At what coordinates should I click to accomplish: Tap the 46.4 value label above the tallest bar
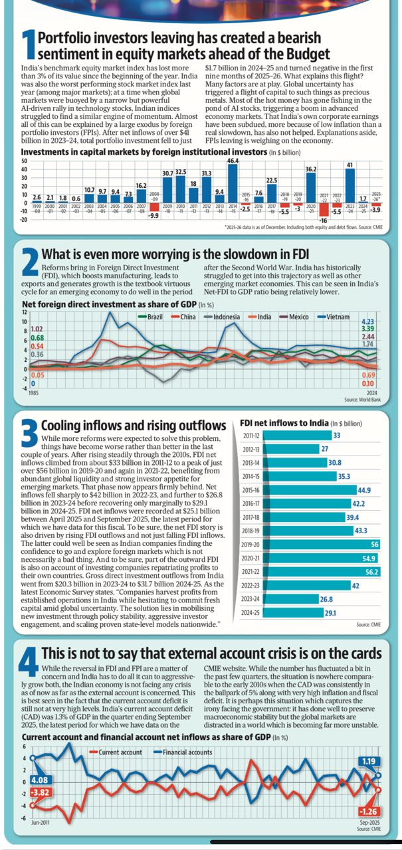point(233,161)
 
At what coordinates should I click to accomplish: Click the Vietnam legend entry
point(335,317)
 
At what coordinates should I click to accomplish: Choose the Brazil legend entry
point(151,317)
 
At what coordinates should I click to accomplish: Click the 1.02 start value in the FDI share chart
point(37,329)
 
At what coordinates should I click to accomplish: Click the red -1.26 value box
point(367,811)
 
